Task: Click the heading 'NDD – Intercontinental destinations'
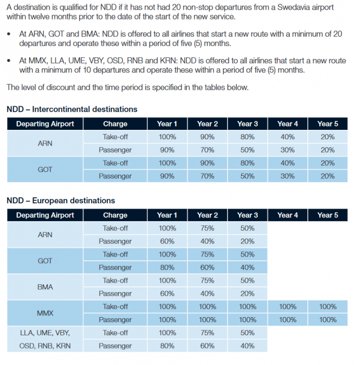click(72, 110)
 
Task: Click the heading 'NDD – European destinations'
click(61, 201)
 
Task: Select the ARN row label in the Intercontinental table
click(45, 143)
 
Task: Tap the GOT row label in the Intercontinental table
click(45, 169)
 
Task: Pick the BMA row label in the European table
click(45, 287)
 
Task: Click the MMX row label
click(45, 313)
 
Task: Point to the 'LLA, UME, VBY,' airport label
click(45, 333)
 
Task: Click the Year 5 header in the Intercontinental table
click(327, 124)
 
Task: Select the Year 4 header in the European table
click(287, 215)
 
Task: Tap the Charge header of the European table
click(115, 215)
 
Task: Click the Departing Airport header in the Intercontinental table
click(45, 124)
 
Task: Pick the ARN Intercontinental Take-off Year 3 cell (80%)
click(247, 137)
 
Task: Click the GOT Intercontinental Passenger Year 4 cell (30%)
click(287, 176)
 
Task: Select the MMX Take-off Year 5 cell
click(327, 307)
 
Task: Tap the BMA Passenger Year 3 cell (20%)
click(247, 294)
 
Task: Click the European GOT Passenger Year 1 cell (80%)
click(167, 267)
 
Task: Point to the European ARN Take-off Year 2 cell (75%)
click(207, 228)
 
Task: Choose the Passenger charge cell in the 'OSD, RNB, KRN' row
click(115, 346)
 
